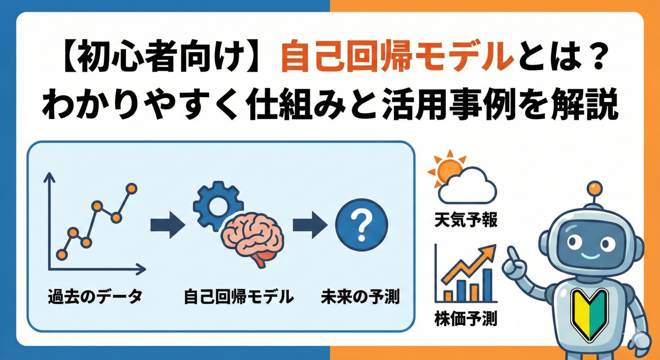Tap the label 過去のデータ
95,296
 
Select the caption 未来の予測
360,296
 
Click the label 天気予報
466,220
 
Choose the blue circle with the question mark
361,225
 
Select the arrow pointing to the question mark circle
310,225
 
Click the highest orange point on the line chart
131,188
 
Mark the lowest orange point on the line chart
62,254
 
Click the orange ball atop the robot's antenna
595,188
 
